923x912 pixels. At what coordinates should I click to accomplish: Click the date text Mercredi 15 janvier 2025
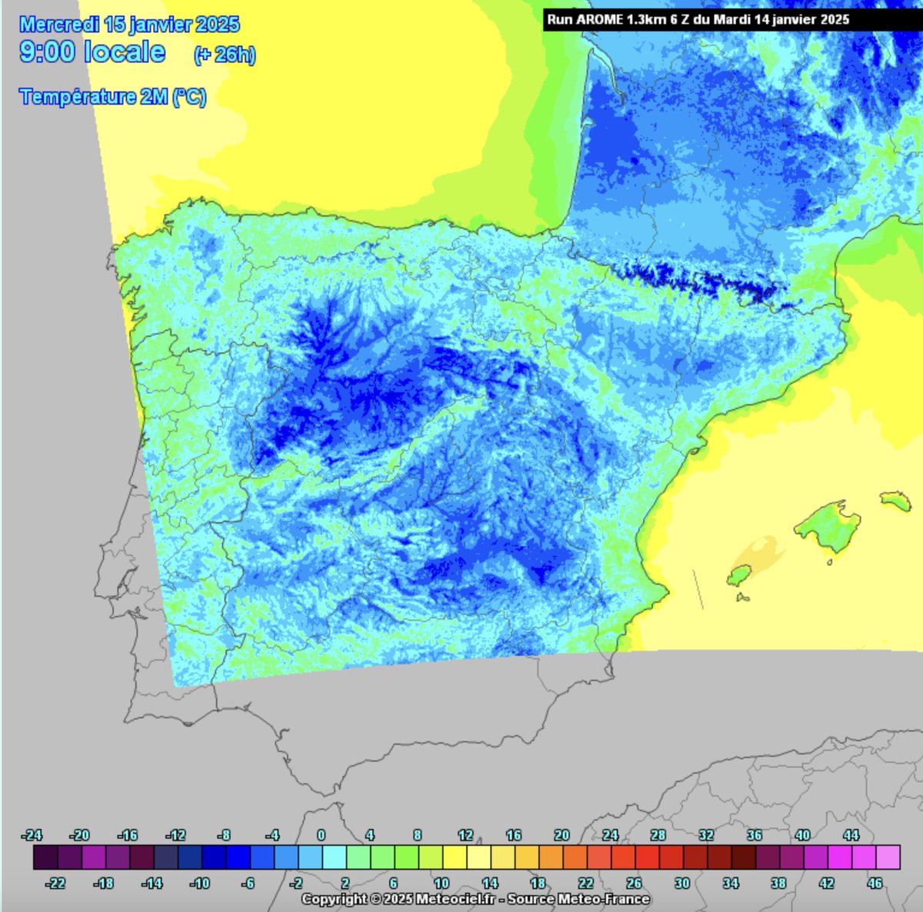[129, 25]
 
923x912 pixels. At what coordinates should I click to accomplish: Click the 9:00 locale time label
[92, 52]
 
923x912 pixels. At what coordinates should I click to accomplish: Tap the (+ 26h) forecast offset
[225, 55]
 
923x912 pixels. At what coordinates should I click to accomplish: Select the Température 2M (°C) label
[113, 97]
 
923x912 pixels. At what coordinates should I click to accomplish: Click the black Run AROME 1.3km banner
[698, 19]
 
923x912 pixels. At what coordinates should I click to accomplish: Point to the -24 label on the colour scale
[32, 835]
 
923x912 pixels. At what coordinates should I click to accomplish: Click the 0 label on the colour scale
[322, 835]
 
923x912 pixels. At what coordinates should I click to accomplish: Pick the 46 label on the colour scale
[875, 884]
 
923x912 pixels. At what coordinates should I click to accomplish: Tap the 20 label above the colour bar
[561, 835]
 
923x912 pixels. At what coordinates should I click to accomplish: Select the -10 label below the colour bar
[199, 884]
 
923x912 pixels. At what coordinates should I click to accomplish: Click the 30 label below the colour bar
[681, 884]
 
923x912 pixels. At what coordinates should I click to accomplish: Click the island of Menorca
[895, 501]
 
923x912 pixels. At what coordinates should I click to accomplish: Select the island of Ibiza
[738, 575]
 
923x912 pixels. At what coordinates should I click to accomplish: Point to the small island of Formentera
[744, 597]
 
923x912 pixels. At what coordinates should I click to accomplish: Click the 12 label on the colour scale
[465, 835]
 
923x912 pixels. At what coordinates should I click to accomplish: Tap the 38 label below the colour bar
[778, 884]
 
